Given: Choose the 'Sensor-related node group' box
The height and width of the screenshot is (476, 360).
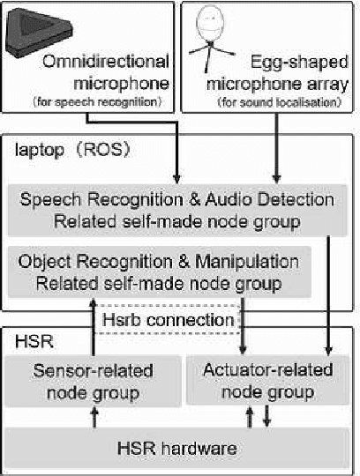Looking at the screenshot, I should click(93, 380).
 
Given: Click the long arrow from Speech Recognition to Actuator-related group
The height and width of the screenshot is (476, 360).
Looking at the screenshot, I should click(328, 291).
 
